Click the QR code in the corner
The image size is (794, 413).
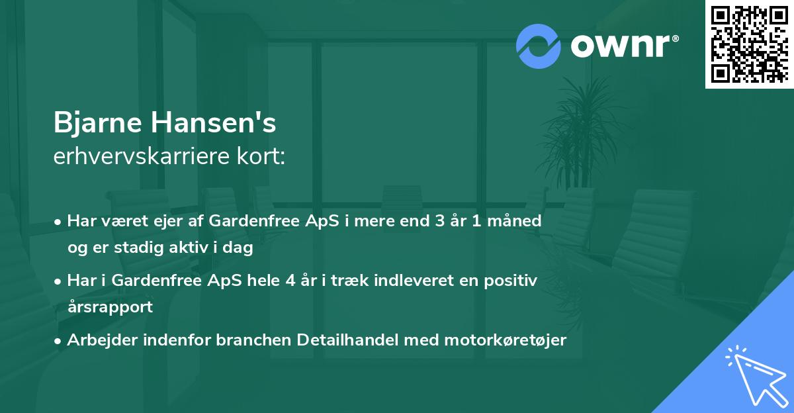pos(748,44)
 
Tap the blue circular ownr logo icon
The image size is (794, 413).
pos(537,46)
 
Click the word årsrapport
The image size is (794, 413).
pos(110,306)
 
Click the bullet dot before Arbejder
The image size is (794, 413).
pos(60,340)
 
